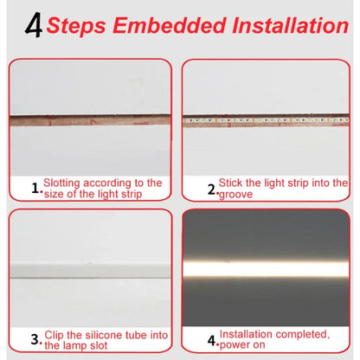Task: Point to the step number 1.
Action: coord(35,186)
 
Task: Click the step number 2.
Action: coord(210,187)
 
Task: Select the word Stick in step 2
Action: coord(231,183)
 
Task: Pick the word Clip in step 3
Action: coord(54,334)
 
